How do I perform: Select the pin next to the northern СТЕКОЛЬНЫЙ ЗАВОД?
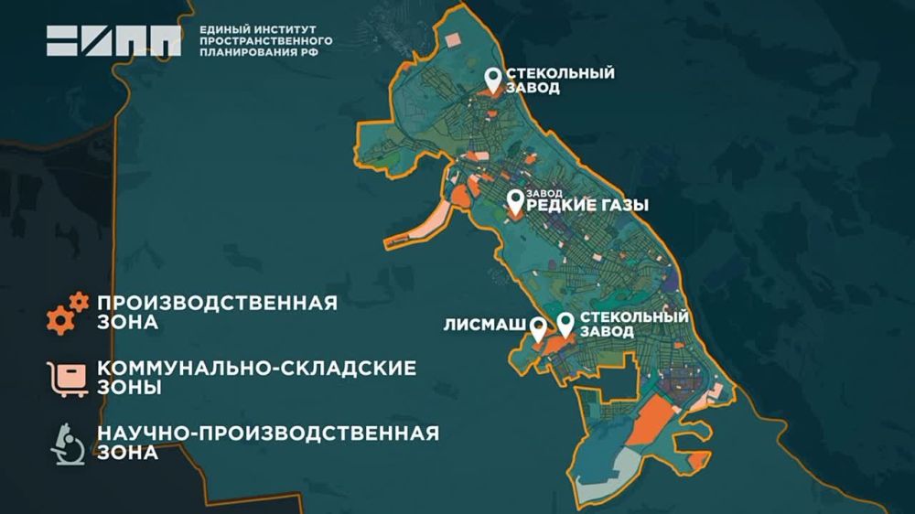tap(493, 80)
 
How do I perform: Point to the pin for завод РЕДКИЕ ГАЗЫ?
tap(516, 200)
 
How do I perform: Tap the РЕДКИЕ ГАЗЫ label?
tap(587, 206)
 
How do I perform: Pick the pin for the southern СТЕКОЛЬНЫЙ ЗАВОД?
tap(566, 324)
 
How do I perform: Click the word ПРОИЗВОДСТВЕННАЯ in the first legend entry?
tap(217, 303)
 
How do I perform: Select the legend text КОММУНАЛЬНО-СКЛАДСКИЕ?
tap(256, 368)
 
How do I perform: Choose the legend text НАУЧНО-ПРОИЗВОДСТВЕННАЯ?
tap(267, 432)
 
